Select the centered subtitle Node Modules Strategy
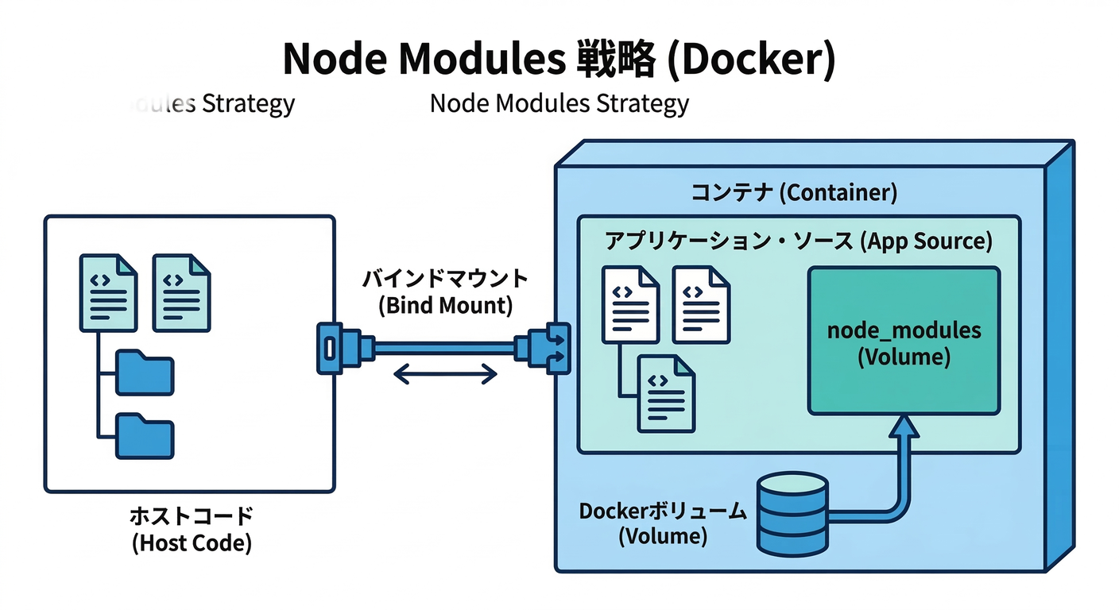(559, 104)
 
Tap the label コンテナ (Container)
(793, 192)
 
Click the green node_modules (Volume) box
(904, 341)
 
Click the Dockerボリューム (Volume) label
(663, 523)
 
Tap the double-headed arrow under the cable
(446, 373)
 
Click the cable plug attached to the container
(547, 348)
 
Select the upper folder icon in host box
(145, 372)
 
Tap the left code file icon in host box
(108, 292)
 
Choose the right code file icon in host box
(182, 292)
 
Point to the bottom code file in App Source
(667, 393)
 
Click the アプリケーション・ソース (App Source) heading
(799, 241)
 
